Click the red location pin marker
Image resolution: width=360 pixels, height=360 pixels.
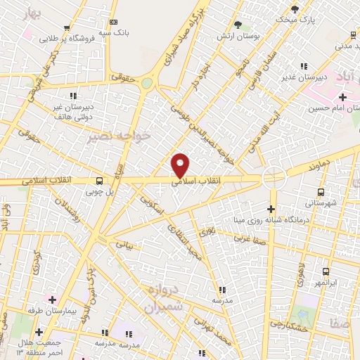(181, 165)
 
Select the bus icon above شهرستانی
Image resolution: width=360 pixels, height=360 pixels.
(321, 191)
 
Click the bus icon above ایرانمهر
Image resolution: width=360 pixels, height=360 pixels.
(325, 271)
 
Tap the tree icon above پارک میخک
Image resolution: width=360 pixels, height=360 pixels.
(294, 10)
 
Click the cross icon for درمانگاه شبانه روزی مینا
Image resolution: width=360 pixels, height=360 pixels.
(271, 209)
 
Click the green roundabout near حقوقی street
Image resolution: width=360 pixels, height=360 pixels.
(146, 83)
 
